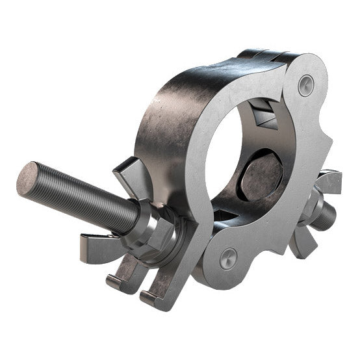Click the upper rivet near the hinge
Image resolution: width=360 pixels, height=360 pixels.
(x=305, y=84)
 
